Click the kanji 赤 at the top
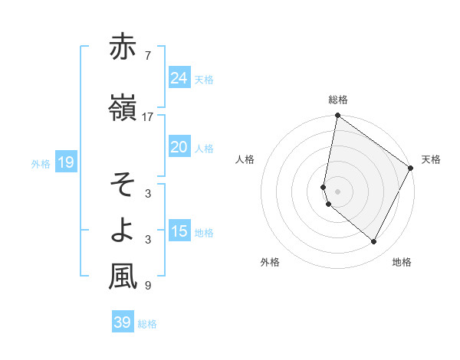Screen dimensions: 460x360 tap(123, 48)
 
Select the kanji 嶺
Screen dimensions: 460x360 tap(123, 109)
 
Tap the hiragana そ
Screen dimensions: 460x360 tap(123, 185)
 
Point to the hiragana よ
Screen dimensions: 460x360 tap(123, 231)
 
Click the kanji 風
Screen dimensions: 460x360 tap(123, 277)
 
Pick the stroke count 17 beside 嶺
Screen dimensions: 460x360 tap(148, 117)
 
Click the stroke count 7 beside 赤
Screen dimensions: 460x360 tap(148, 56)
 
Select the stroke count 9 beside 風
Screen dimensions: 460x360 tap(148, 286)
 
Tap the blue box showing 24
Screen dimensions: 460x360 tap(179, 77)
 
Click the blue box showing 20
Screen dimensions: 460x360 tap(179, 147)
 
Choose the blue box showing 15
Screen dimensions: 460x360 tap(179, 231)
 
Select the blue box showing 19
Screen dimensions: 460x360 tap(65, 162)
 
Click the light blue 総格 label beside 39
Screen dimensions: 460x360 tap(147, 324)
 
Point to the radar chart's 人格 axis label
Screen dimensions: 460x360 tap(245, 159)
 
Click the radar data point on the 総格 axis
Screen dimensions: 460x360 tap(337, 116)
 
